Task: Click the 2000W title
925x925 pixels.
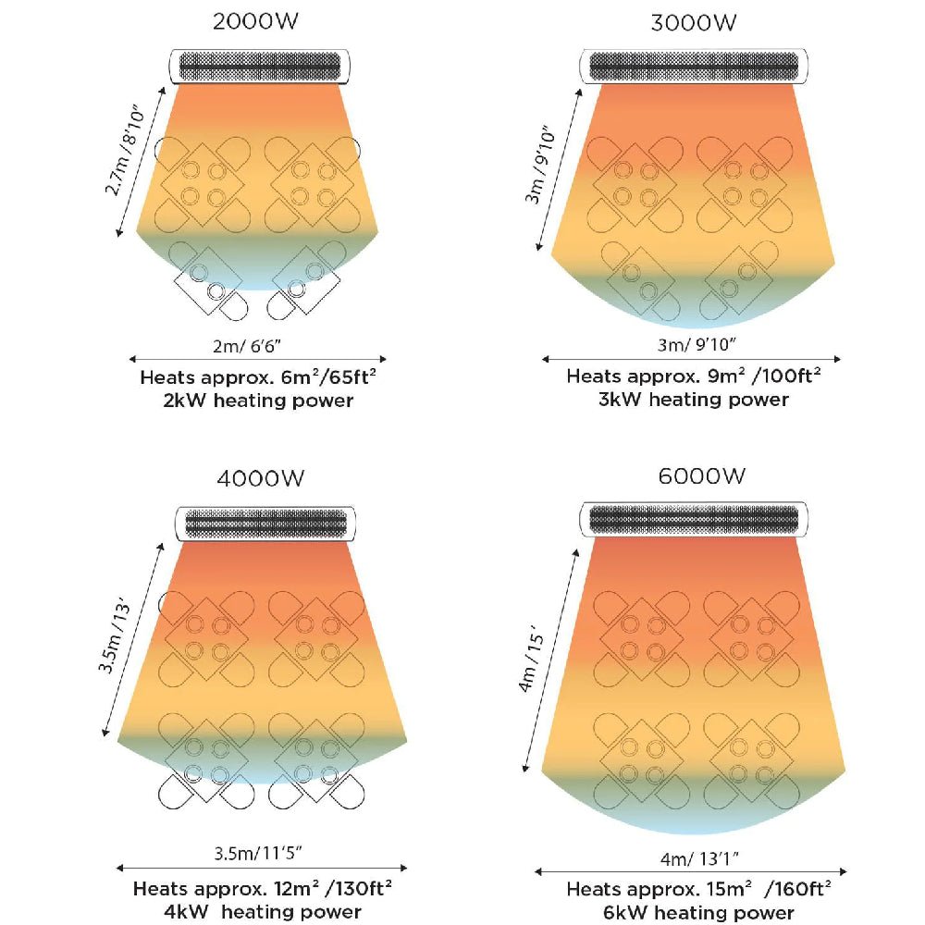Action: [258, 22]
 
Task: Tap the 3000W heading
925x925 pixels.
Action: [693, 22]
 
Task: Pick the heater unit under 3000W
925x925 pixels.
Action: [694, 66]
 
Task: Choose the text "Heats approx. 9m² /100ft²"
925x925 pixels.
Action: [694, 376]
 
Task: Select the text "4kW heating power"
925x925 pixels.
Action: [262, 913]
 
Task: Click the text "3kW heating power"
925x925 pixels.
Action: [693, 400]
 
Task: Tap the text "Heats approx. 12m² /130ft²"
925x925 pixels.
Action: [262, 890]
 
